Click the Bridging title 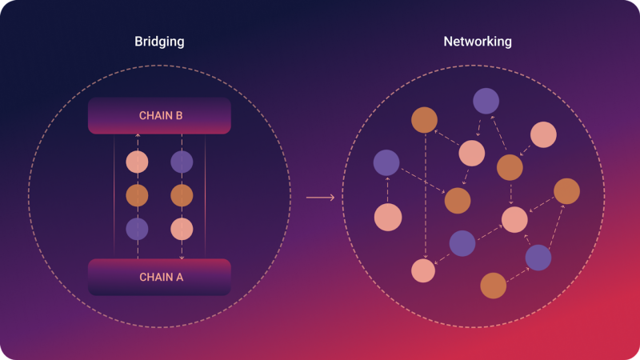[159, 41]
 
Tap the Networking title [477, 41]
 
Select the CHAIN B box [160, 116]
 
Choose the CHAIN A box [160, 277]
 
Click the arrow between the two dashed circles [320, 197]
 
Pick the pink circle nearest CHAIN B [137, 162]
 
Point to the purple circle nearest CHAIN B [182, 162]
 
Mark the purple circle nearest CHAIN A [137, 230]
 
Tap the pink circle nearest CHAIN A [182, 230]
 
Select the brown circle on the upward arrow [137, 195]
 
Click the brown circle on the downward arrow [182, 195]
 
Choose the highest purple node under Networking [486, 101]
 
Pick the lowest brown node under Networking [494, 285]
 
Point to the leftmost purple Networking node [386, 162]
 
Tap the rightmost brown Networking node [566, 190]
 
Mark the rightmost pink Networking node [543, 134]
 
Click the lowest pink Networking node [422, 270]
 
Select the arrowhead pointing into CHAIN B [137, 136]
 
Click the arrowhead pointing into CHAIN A [182, 258]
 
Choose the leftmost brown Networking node [424, 120]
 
